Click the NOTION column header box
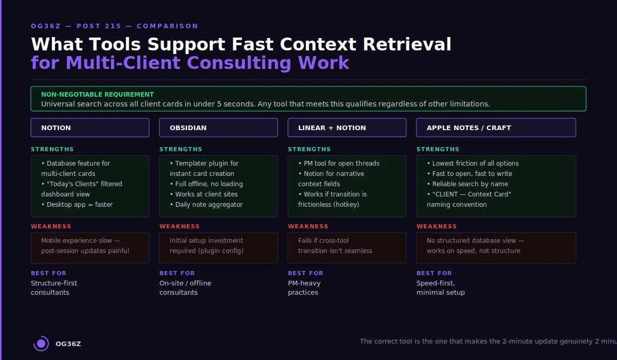point(90,128)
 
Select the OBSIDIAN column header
point(219,128)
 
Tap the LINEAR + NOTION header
point(347,128)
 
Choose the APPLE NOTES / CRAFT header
point(496,128)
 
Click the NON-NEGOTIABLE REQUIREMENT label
point(97,95)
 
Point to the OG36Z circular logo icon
point(41,344)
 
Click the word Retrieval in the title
point(407,44)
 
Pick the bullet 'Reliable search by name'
point(470,184)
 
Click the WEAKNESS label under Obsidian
point(179,226)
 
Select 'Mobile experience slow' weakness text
point(80,241)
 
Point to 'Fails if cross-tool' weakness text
point(323,241)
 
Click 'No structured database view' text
point(475,241)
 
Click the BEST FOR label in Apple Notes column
point(434,273)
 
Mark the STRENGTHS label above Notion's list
point(52,149)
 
